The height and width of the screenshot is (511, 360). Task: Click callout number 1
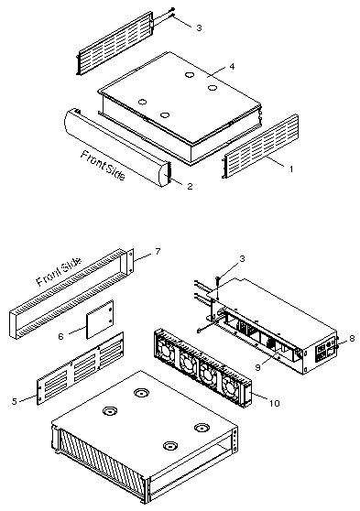point(291,169)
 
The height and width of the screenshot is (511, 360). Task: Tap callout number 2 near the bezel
point(190,186)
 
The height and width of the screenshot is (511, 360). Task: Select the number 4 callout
point(232,67)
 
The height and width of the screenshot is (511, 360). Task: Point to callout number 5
point(14,401)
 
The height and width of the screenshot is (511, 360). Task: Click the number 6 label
point(61,336)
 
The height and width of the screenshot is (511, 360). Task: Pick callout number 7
point(158,252)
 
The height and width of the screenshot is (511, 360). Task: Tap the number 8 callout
point(352,338)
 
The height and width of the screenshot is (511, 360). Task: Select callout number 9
point(258,367)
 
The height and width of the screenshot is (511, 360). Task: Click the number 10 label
point(275,403)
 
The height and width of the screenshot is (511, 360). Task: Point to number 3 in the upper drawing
point(199,27)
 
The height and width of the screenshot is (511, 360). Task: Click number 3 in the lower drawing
point(242,259)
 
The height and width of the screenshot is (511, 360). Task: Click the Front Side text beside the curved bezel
point(103,165)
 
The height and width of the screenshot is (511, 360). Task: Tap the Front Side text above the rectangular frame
point(59,272)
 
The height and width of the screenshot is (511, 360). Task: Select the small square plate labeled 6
point(100,320)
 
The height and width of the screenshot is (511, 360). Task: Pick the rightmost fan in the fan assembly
point(231,387)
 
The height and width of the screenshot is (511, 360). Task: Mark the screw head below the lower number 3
point(217,278)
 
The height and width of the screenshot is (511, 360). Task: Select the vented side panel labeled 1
point(260,146)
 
